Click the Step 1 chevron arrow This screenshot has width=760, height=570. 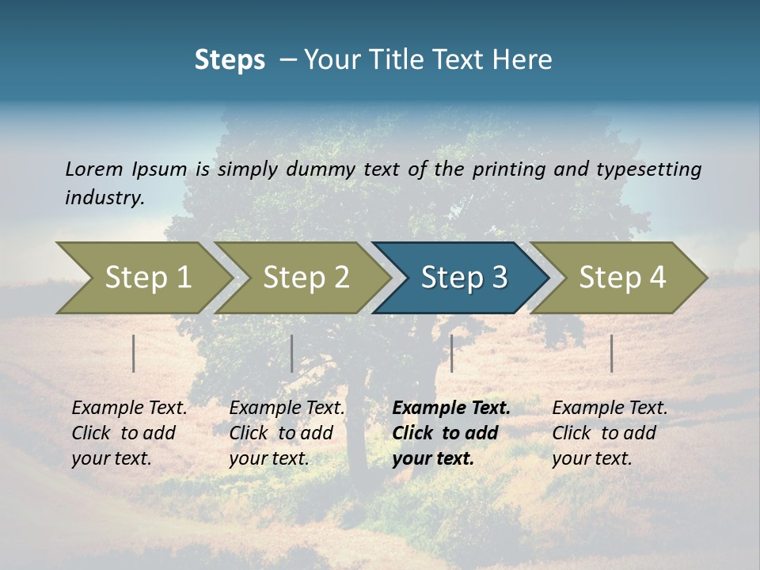[147, 278]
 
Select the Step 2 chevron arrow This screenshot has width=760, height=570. [306, 278]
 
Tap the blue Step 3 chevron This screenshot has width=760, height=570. [464, 278]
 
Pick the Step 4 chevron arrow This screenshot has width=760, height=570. [622, 278]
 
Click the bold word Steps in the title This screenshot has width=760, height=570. [230, 60]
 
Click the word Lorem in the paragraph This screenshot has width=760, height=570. [93, 169]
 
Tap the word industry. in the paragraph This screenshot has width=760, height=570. [104, 198]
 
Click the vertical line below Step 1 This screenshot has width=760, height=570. [134, 353]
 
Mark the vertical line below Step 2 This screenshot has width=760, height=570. [292, 353]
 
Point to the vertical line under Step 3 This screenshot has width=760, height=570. [451, 353]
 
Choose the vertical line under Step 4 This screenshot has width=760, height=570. [611, 353]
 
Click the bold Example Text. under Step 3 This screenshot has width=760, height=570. [451, 408]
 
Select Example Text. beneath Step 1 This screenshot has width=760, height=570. [129, 408]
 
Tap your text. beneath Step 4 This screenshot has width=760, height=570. [591, 458]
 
